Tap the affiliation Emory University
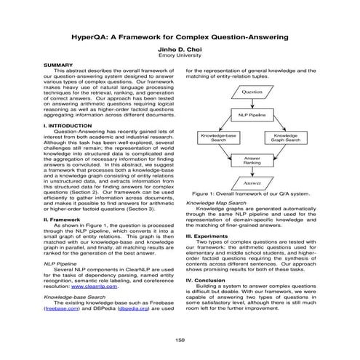pyautogui.click(x=180, y=57)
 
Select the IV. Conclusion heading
pyautogui.click(x=210, y=279)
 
